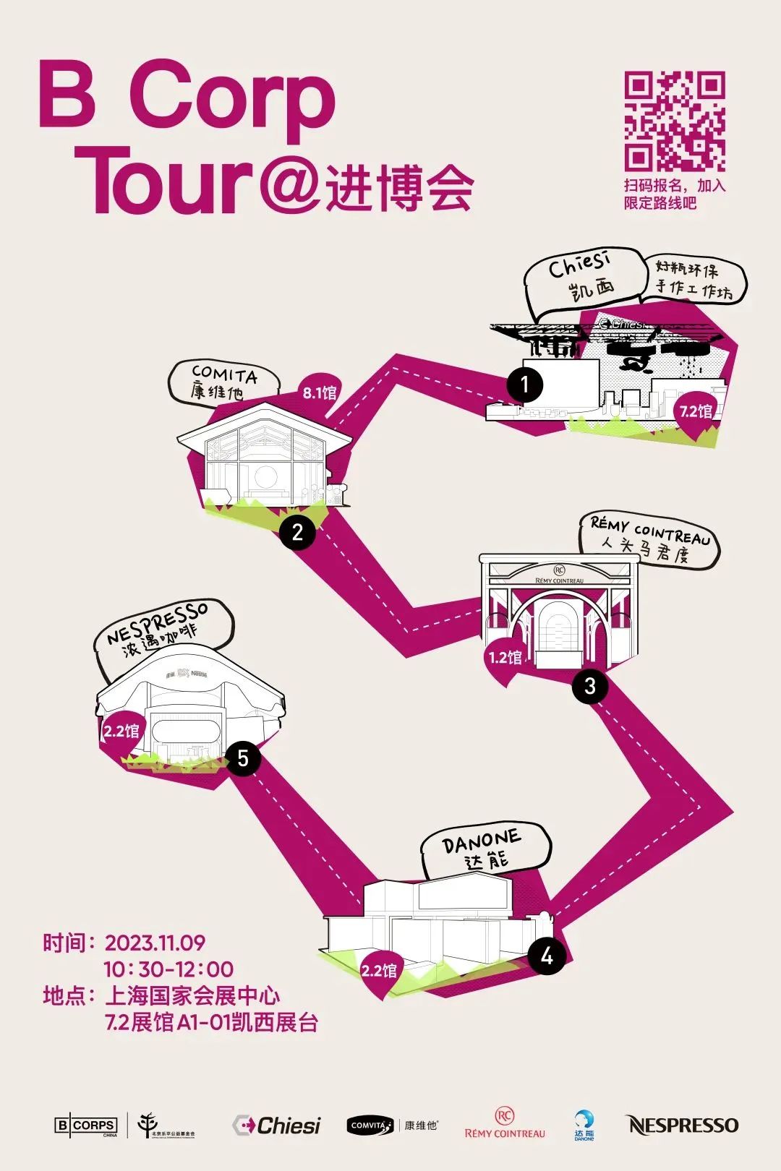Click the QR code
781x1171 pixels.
point(675,121)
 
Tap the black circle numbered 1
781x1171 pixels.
point(525,385)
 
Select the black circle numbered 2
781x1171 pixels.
point(297,533)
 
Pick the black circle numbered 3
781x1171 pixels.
point(590,685)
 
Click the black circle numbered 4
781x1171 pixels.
point(547,956)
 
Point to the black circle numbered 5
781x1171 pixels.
point(243,758)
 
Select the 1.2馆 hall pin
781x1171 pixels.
point(505,658)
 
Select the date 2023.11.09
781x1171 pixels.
point(155,943)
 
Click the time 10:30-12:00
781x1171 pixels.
point(168,969)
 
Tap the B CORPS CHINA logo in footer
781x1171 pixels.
point(86,1125)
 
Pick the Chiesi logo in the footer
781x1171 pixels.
point(276,1125)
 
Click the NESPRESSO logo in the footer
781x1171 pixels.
point(681,1125)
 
